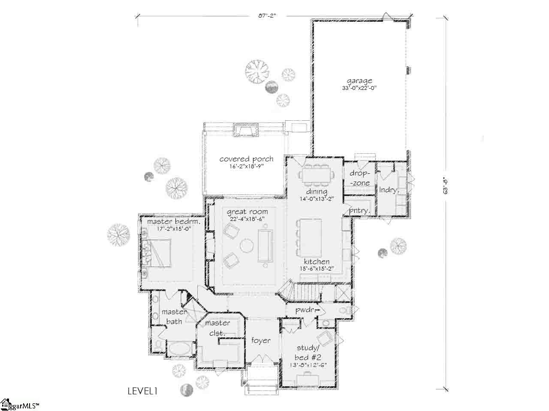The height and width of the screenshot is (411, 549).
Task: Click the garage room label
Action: click(x=359, y=80)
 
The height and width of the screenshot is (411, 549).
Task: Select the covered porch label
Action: click(x=246, y=159)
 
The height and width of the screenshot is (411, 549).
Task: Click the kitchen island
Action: click(x=311, y=234)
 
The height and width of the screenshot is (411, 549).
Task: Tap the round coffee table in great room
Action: click(x=246, y=246)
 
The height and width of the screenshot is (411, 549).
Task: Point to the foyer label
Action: click(x=261, y=340)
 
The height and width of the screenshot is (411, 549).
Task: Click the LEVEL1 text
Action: click(x=143, y=390)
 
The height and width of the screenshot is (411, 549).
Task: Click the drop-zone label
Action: click(x=359, y=178)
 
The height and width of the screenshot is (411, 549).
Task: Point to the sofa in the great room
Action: click(x=265, y=246)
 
